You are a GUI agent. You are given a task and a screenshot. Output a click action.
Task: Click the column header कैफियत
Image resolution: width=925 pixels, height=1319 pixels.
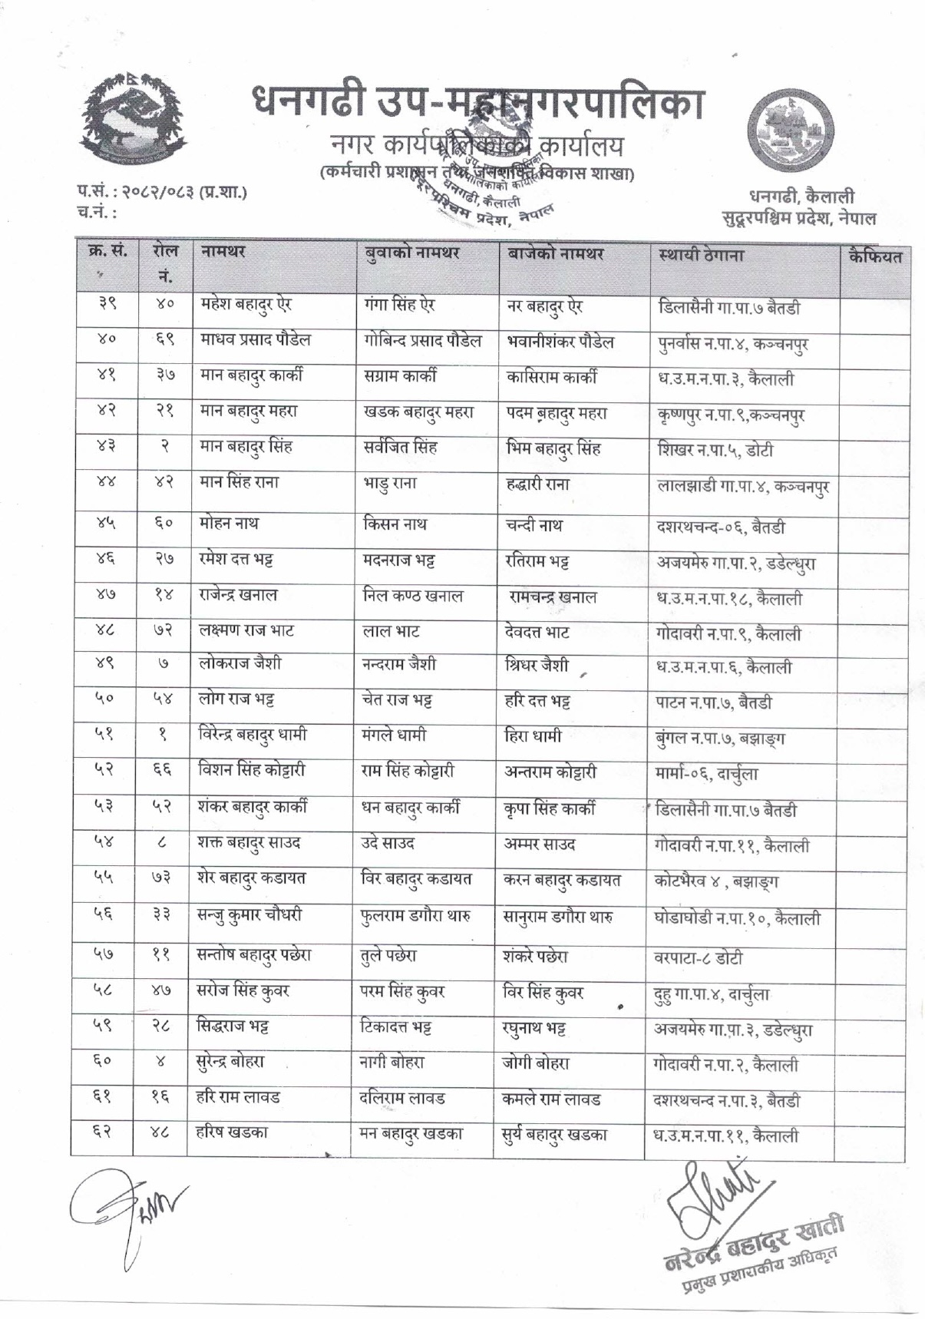tap(875, 256)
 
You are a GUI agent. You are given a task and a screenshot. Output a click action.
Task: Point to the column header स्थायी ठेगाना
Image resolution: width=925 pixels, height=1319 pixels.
tap(701, 255)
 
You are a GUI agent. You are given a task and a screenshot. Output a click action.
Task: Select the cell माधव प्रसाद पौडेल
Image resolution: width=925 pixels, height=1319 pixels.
tap(255, 339)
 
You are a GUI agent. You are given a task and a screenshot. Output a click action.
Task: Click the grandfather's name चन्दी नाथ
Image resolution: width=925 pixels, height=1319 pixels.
tap(534, 525)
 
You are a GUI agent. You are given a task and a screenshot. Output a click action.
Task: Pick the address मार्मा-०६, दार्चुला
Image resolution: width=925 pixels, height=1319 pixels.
tap(706, 773)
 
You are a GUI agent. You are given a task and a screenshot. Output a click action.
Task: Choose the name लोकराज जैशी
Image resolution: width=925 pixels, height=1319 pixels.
tap(240, 663)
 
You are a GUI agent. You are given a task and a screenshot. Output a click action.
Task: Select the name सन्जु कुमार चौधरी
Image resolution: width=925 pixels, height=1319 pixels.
tap(249, 915)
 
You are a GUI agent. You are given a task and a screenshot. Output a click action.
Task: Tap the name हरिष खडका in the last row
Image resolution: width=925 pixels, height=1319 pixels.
tap(233, 1132)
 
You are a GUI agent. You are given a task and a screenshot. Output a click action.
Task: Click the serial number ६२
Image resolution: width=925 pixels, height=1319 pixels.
tap(101, 1132)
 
